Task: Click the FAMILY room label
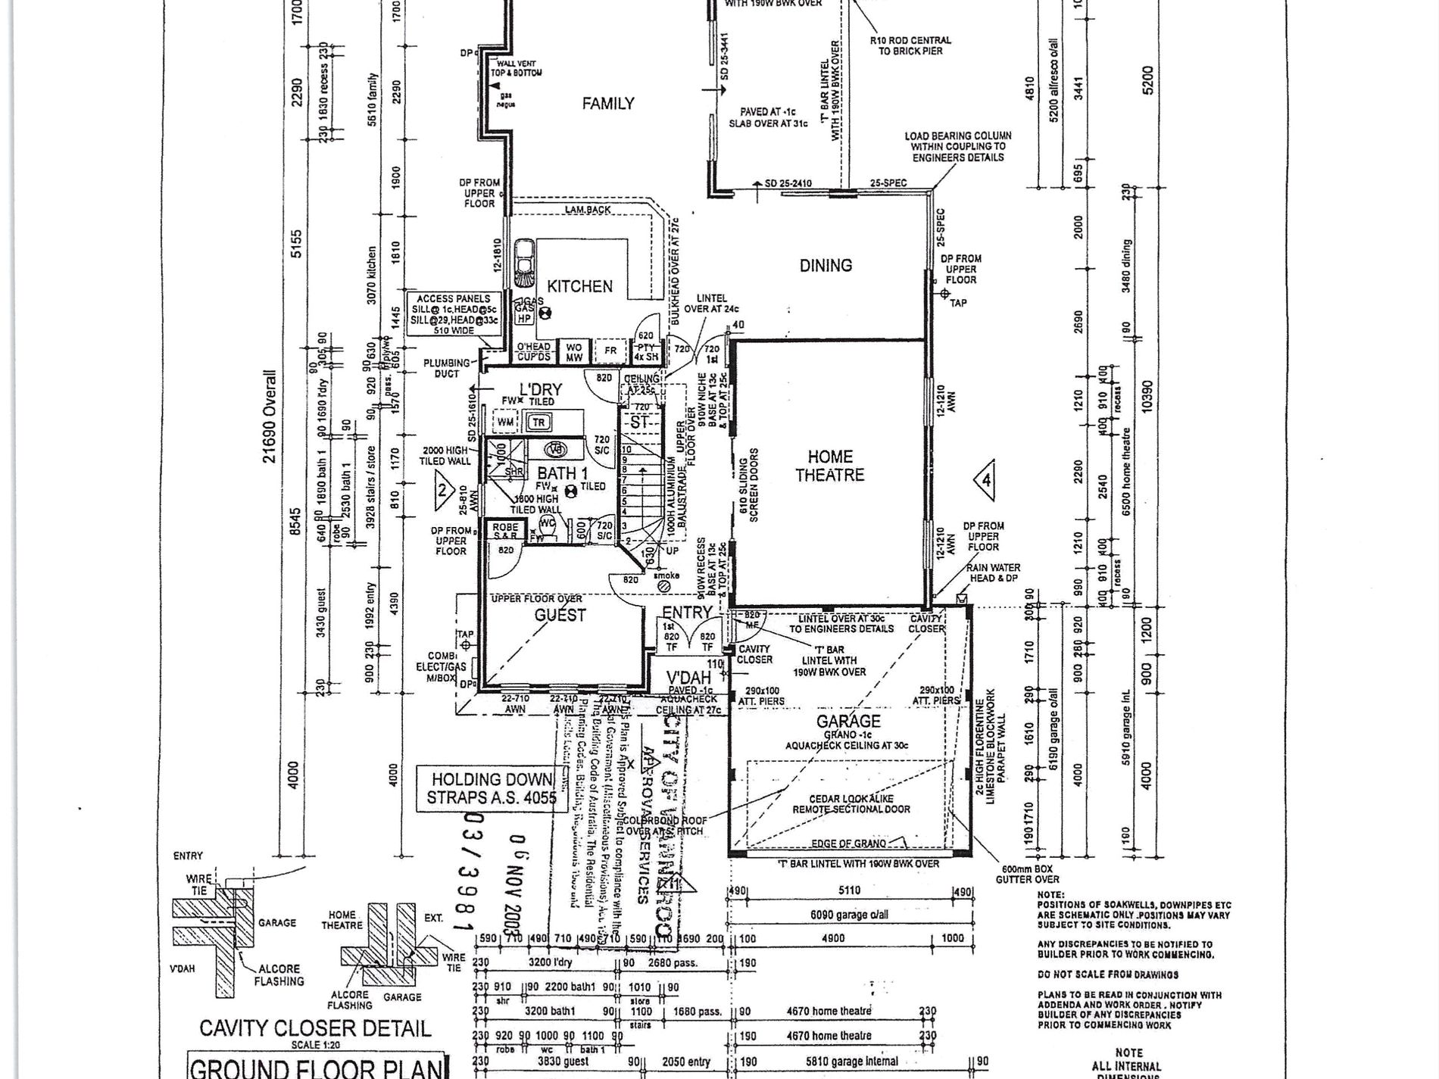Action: click(607, 104)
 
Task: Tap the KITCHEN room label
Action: click(579, 286)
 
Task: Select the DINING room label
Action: click(826, 266)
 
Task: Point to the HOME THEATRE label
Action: click(830, 466)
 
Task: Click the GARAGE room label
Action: click(848, 722)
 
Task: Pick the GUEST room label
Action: click(560, 616)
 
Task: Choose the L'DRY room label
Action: click(540, 390)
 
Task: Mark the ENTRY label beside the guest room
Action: click(687, 613)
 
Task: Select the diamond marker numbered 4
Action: click(985, 481)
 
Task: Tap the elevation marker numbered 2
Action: click(443, 489)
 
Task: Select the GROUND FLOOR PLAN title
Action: click(315, 1068)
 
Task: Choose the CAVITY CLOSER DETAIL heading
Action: click(315, 1028)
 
